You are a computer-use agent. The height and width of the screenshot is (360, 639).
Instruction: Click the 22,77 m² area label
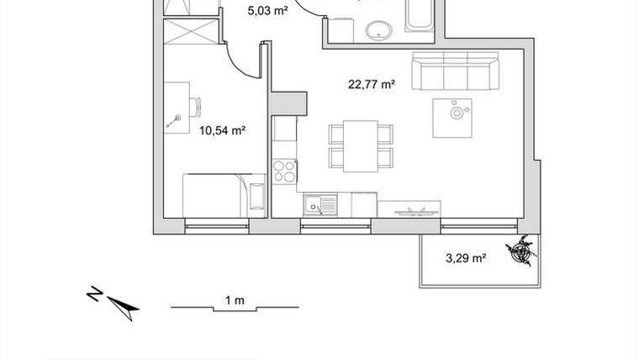pos(372,83)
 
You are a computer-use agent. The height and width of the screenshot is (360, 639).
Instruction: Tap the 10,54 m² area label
pos(222,130)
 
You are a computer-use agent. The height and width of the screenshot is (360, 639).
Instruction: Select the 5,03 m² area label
pos(267,11)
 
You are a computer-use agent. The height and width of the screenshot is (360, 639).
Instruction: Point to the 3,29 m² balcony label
pos(466,258)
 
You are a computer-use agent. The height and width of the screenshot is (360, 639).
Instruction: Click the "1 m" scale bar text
pos(235,300)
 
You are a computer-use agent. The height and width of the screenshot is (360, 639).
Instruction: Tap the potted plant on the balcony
pos(522,251)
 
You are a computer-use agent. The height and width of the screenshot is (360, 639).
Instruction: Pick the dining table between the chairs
pos(362,145)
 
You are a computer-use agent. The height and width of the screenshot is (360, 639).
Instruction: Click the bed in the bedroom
pos(224,194)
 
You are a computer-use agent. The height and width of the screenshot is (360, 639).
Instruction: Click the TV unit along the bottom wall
pos(409,208)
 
